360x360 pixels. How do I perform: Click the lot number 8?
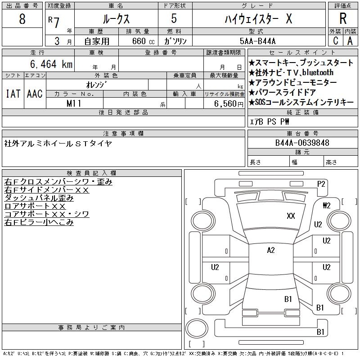[x=22, y=19]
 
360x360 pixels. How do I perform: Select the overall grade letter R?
[x=343, y=18]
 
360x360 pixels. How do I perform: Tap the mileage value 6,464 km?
[x=51, y=64]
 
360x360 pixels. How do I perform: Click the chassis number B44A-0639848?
[x=302, y=143]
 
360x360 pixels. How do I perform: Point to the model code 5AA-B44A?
[x=257, y=41]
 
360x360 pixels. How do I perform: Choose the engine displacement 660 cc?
[x=143, y=41]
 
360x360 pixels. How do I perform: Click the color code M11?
[x=74, y=103]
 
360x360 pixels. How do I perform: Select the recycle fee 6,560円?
[x=229, y=104]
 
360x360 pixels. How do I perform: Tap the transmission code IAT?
[x=13, y=94]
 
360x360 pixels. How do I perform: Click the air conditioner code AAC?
[x=35, y=94]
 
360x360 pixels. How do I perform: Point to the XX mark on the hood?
[x=291, y=216]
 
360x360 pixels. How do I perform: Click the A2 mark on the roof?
[x=271, y=250]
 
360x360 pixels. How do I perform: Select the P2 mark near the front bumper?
[x=321, y=184]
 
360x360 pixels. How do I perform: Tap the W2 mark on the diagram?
[x=327, y=206]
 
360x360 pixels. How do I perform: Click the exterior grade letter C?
[x=336, y=40]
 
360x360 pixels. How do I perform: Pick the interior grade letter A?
[x=350, y=41]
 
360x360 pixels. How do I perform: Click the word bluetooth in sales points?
[x=318, y=72]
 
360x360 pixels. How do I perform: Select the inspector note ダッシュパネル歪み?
[x=39, y=198]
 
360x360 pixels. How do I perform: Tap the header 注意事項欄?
[x=123, y=133]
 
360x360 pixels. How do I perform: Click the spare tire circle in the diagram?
[x=197, y=328]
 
